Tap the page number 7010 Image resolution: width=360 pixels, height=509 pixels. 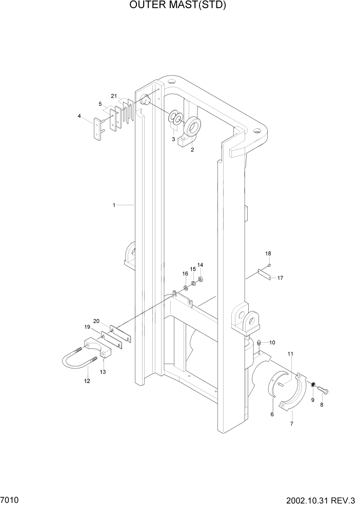click(x=11, y=499)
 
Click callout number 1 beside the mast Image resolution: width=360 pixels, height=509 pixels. click(x=114, y=205)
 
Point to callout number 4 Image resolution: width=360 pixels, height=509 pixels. click(x=79, y=116)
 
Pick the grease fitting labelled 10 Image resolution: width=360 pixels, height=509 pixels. click(x=259, y=342)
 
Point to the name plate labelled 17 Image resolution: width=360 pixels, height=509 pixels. click(x=265, y=276)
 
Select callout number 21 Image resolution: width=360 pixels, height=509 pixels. click(x=114, y=95)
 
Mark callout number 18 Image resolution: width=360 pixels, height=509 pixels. click(x=268, y=253)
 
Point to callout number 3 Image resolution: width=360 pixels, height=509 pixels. click(x=173, y=139)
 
